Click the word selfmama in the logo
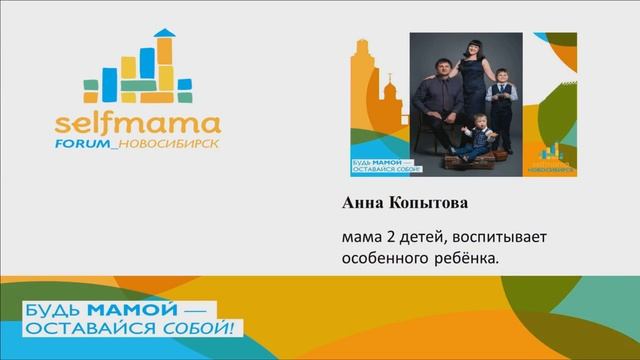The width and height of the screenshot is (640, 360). [x=137, y=126]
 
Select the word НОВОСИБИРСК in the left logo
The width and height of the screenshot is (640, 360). [x=175, y=146]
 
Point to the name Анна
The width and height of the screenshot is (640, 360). [x=362, y=203]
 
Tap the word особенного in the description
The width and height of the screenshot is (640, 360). [x=382, y=258]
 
